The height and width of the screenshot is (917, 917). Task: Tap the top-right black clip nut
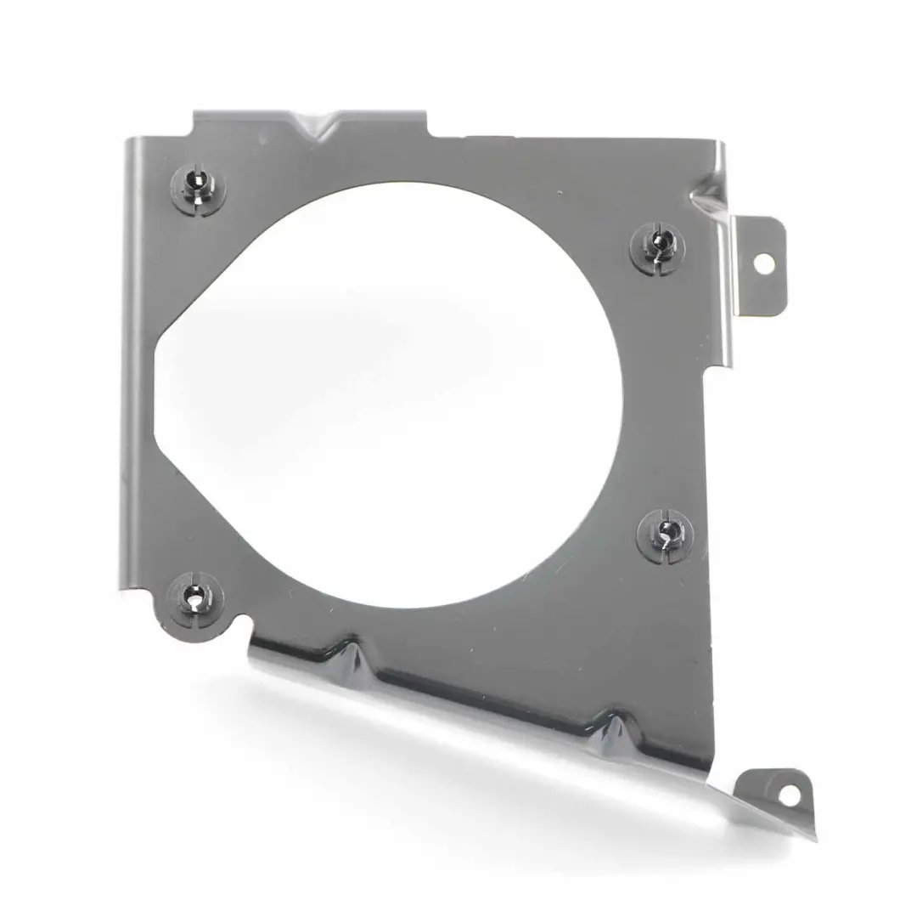coord(657,244)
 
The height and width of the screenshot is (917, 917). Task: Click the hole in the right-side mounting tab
coord(762,263)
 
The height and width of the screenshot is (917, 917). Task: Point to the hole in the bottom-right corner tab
coord(788,795)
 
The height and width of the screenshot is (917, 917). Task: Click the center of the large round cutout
coord(399,391)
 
